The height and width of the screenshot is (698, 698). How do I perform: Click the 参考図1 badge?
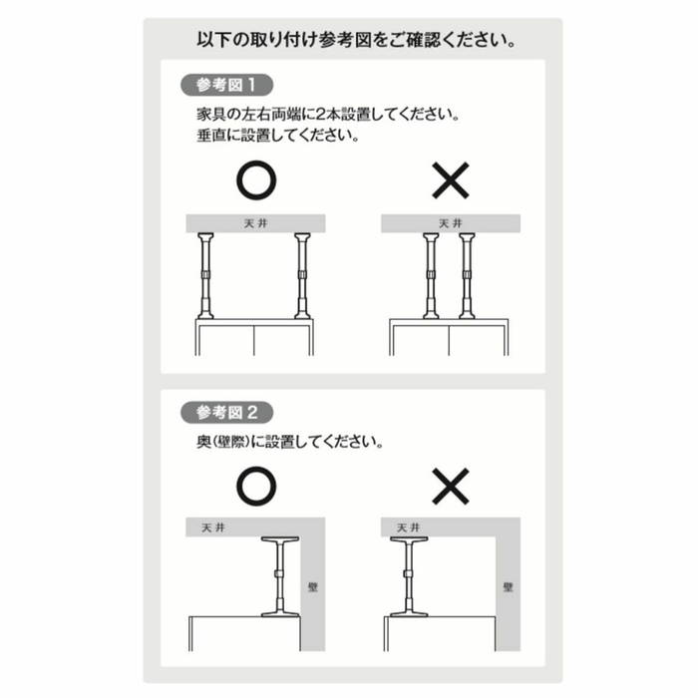[x=226, y=85]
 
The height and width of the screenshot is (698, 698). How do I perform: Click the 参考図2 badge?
[x=226, y=412]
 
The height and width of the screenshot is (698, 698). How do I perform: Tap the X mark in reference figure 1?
[x=451, y=180]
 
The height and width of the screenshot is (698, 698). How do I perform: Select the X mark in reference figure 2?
[x=451, y=487]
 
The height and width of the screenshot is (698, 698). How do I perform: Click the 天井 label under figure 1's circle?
[x=256, y=223]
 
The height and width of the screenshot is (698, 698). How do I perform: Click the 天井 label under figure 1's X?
[x=451, y=223]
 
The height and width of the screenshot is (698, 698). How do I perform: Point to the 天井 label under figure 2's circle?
[x=213, y=527]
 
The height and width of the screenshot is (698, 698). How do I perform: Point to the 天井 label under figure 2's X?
[x=408, y=527]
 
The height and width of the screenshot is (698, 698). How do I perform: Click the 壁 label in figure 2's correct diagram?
[x=313, y=587]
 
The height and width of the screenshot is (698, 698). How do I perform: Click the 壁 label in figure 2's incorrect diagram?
[x=508, y=587]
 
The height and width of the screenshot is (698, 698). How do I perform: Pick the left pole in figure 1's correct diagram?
[x=205, y=276]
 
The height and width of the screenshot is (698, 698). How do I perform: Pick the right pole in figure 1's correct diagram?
[x=302, y=276]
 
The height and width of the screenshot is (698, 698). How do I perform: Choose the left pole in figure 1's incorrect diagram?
[x=431, y=276]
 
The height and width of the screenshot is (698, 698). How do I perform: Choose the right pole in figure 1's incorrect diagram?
[x=467, y=276]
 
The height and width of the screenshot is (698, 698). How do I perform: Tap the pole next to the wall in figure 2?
[x=279, y=576]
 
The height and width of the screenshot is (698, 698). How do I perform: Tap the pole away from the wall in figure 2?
[x=409, y=576]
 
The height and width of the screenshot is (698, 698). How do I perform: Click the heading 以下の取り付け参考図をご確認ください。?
[x=357, y=40]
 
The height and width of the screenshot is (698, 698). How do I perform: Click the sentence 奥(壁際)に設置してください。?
[x=290, y=442]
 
